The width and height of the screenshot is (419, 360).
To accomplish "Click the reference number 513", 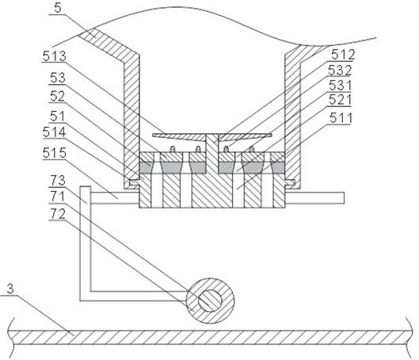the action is point(54,56).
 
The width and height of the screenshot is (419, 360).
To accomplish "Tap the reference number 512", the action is point(343,55).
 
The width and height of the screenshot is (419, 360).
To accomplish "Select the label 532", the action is point(340,71).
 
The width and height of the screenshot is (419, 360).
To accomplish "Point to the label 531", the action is point(340,86).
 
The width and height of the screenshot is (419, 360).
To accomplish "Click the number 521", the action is point(340,100).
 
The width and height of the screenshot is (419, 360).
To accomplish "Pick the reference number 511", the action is point(341,118).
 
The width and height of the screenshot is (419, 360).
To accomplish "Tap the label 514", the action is point(54,132).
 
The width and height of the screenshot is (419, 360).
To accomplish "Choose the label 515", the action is point(54,153).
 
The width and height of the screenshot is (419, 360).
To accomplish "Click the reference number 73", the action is point(58,181).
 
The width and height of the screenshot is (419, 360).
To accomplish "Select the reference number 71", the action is point(58,197).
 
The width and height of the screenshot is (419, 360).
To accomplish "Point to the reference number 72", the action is point(58,214).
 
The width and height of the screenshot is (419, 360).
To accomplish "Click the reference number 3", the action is point(10,289).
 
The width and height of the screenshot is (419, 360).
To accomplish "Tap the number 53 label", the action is point(58,78).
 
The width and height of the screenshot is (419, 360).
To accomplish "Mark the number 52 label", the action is point(57,96).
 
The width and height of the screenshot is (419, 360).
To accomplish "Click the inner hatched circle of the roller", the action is point(210,301).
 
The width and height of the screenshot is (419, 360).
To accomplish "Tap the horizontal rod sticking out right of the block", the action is point(314,198).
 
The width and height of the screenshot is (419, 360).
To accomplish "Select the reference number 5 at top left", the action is point(58,8).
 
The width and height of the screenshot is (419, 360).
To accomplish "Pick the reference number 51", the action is point(57,116).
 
